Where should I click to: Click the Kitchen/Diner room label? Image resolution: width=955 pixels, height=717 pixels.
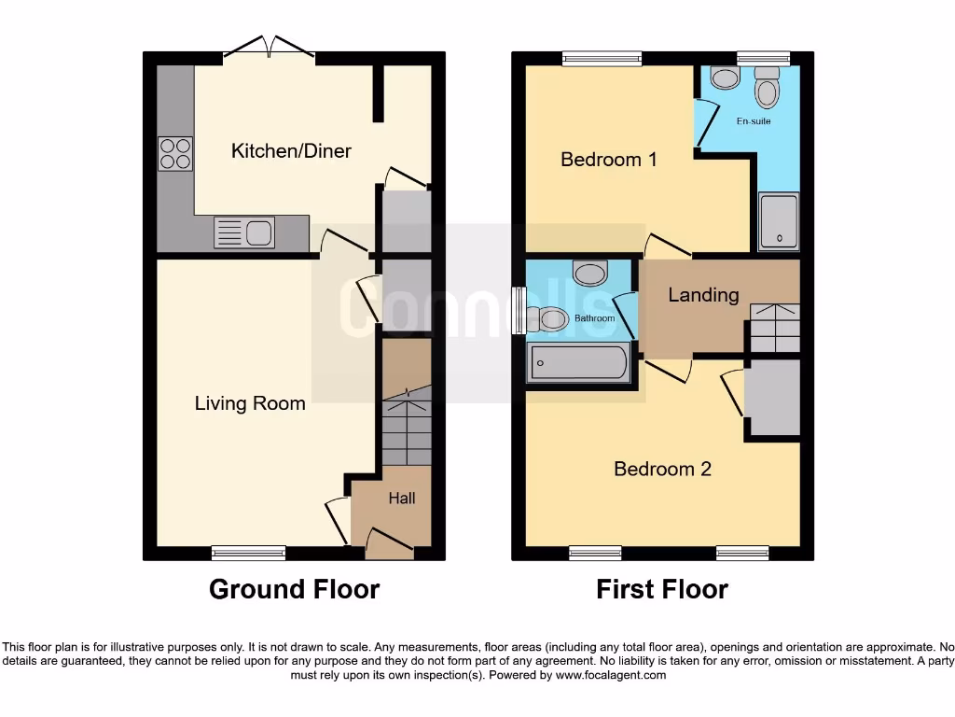(291, 150)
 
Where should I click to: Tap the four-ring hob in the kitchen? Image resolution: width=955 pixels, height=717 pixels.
(175, 154)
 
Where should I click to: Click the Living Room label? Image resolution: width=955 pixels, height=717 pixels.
(250, 403)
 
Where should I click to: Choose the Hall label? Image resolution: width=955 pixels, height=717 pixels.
(402, 499)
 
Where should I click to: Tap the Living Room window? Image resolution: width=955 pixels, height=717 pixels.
(248, 553)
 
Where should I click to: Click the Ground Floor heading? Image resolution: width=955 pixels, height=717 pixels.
(294, 589)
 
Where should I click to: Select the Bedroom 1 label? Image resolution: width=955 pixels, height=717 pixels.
(608, 160)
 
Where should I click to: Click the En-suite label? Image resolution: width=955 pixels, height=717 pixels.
(754, 121)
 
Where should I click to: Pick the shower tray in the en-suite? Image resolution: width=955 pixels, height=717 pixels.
(779, 222)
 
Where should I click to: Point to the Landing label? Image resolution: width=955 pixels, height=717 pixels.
(703, 295)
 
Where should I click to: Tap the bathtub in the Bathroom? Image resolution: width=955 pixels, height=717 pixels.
(579, 363)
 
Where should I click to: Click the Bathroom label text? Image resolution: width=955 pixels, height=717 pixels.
(594, 318)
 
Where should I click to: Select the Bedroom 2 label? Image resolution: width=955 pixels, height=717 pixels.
(662, 469)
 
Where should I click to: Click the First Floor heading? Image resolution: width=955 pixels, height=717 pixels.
(662, 589)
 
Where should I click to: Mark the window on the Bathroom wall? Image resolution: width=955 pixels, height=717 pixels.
(519, 309)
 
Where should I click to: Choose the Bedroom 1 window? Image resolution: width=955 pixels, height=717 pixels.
(602, 59)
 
